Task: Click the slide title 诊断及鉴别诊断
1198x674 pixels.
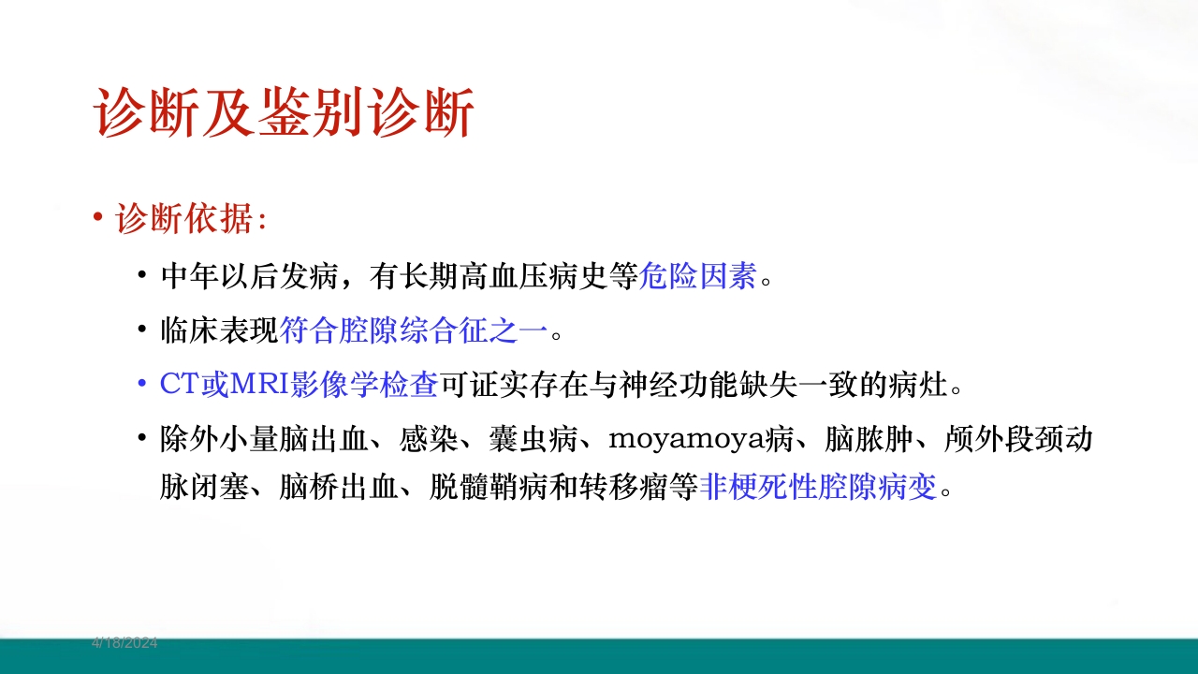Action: (285, 114)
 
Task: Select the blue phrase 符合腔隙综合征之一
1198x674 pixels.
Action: (415, 330)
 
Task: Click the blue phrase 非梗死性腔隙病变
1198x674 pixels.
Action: (818, 488)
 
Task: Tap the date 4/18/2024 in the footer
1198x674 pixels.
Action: (124, 643)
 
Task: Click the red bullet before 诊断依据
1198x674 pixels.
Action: (98, 218)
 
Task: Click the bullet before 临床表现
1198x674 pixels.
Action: (141, 330)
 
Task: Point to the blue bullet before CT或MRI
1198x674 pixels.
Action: (141, 385)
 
